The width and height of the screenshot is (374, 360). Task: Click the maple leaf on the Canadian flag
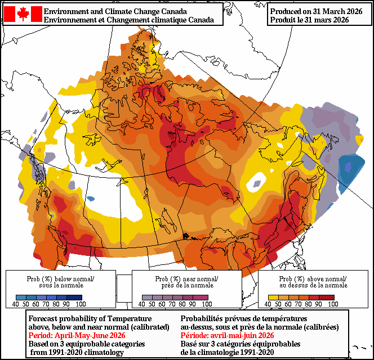click(x=23, y=14)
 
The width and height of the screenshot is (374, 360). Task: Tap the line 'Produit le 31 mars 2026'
click(x=309, y=20)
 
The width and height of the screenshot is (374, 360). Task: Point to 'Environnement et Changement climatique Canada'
click(x=128, y=20)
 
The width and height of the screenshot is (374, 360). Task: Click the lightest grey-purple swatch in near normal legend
click(x=147, y=297)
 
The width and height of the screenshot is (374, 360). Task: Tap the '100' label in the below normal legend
click(x=80, y=304)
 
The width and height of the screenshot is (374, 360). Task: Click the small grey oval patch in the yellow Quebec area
click(x=257, y=183)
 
